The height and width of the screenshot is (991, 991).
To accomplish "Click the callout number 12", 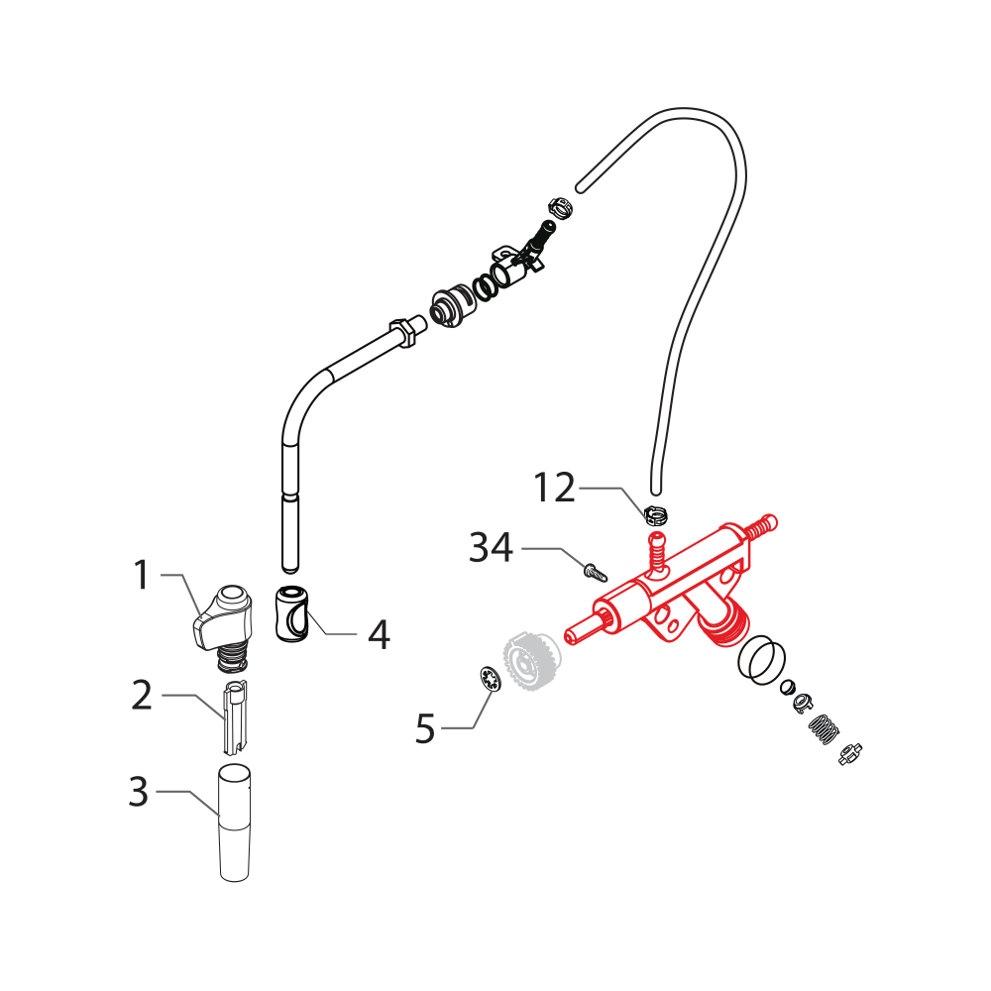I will pos(554,488).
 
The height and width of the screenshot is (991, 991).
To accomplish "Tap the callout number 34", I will pos(491,547).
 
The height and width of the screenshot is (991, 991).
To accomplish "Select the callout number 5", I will pos(425,729).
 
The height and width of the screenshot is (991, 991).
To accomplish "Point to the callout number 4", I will pos(379,635).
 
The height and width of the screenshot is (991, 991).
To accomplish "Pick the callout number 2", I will pos(141,696).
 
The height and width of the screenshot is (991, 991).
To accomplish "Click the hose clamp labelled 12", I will pos(654,513).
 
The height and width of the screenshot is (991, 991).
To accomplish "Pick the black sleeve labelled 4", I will pos(290,614).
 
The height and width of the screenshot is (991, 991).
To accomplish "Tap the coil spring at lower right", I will pos(825,731).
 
